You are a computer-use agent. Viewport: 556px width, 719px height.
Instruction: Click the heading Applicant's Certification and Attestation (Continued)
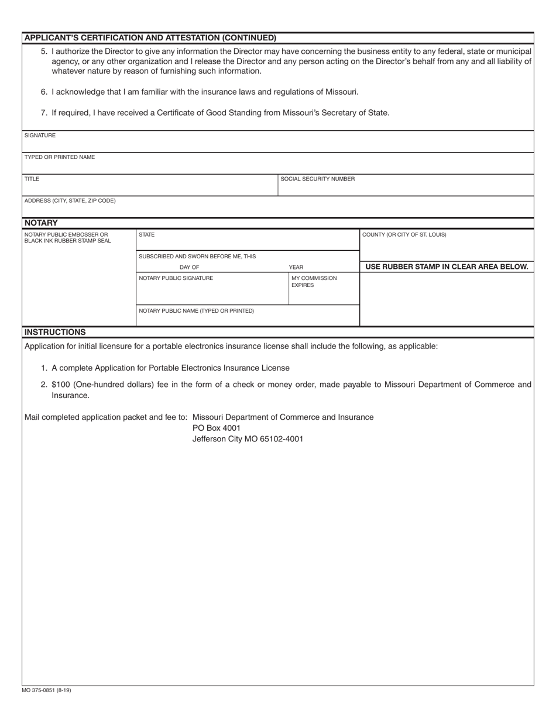click(150, 38)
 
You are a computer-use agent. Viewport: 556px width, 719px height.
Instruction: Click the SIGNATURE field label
click(40, 136)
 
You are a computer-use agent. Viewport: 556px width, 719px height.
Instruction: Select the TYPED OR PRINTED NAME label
click(59, 157)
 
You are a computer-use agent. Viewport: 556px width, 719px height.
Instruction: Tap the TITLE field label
click(32, 179)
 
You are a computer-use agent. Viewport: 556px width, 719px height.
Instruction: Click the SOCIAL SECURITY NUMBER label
click(317, 179)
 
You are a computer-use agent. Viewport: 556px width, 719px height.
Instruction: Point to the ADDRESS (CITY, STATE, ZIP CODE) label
click(70, 201)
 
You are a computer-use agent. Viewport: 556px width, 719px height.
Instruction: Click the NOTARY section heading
click(41, 223)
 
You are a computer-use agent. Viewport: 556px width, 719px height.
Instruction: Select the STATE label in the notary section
click(146, 235)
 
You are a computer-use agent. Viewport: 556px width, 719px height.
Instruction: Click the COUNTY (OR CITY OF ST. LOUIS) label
click(404, 235)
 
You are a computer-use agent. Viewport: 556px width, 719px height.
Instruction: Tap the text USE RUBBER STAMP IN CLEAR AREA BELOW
click(447, 267)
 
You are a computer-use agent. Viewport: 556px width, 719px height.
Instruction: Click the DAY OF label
click(189, 267)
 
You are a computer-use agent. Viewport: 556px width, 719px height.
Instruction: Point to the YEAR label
click(296, 267)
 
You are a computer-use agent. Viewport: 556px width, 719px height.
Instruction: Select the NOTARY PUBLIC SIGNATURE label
click(176, 278)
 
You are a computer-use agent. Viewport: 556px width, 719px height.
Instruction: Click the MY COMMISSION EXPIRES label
click(314, 282)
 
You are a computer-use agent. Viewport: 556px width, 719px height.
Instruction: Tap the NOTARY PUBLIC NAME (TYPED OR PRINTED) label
click(196, 311)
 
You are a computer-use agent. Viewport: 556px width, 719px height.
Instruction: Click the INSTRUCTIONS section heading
click(55, 332)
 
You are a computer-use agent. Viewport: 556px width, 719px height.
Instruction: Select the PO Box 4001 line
click(217, 428)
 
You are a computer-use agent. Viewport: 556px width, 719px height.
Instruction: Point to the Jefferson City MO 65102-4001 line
click(248, 439)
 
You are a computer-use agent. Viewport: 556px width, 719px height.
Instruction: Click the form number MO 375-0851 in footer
click(46, 690)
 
